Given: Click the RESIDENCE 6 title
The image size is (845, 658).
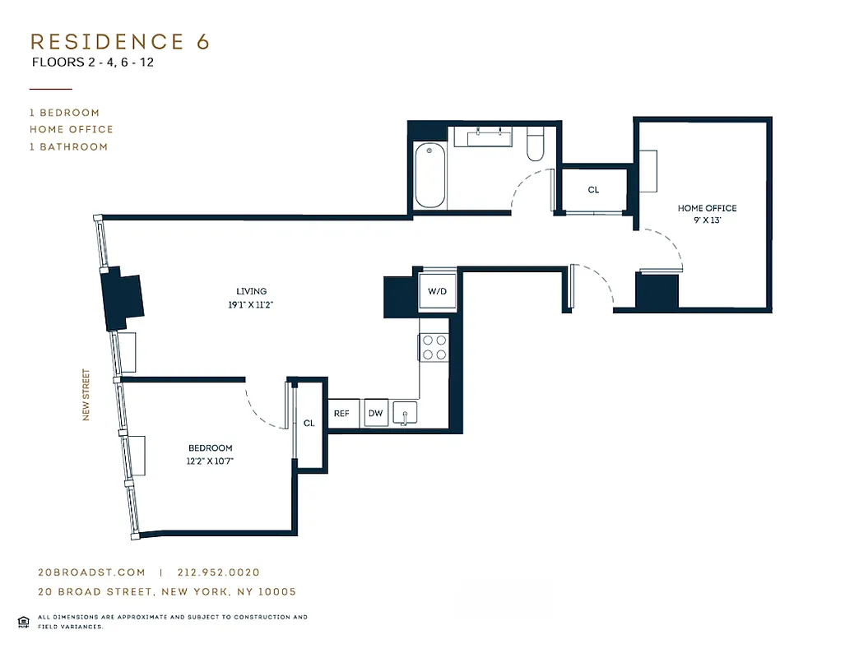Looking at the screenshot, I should point(120,42).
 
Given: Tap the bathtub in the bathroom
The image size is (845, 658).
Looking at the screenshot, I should point(430,176).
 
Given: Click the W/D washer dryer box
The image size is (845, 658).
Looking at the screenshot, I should point(436,291).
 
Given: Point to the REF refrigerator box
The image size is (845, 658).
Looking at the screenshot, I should point(341,414).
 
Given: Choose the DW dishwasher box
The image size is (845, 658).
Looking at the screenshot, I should point(376,414).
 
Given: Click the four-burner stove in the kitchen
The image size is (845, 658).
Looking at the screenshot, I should point(434,347).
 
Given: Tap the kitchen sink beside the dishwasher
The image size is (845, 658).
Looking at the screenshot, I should point(405,413).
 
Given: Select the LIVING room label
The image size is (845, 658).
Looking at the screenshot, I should point(251,291).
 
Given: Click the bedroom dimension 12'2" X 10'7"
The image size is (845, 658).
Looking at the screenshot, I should point(209,461).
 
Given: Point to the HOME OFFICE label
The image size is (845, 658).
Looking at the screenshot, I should point(707,208).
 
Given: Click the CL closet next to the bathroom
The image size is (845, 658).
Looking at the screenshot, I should point(593,190).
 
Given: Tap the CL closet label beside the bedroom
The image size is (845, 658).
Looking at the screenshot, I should point(309,423).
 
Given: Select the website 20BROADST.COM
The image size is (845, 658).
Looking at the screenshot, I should point(91,572).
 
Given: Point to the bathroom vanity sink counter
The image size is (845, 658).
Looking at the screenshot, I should point(490,137).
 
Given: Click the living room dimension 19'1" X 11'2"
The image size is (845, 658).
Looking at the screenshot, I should point(251,304).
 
